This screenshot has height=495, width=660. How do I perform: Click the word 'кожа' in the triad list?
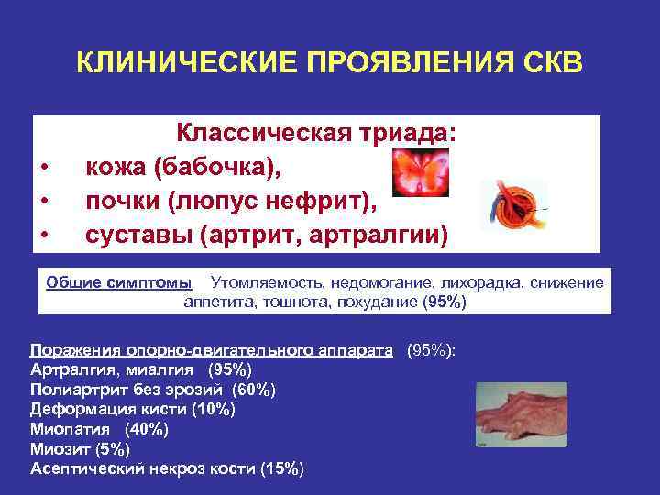click(115, 168)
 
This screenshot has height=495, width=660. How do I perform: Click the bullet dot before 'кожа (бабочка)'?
click(44, 169)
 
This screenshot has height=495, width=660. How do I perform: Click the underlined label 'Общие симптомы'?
click(119, 281)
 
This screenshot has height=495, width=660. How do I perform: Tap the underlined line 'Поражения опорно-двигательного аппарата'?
click(212, 350)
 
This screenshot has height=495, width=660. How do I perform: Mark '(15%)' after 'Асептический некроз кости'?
click(281, 468)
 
